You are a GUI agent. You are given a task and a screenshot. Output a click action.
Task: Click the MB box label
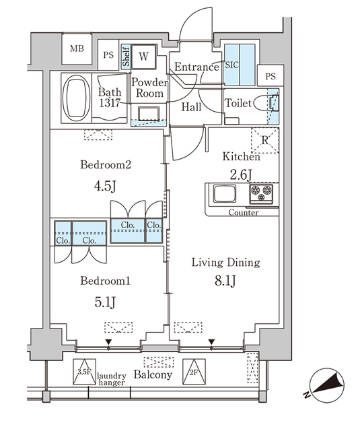pyautogui.click(x=77, y=48)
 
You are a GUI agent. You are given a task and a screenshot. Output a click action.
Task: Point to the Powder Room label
pyautogui.click(x=149, y=88)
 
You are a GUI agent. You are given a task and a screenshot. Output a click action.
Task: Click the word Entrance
pyautogui.click(x=196, y=67)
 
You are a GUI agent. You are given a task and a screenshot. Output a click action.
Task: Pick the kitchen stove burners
pyautogui.click(x=262, y=194)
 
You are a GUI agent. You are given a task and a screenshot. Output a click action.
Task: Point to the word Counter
pyautogui.click(x=244, y=213)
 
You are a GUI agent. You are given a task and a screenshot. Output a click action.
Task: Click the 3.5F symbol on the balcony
pyautogui.click(x=83, y=370)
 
